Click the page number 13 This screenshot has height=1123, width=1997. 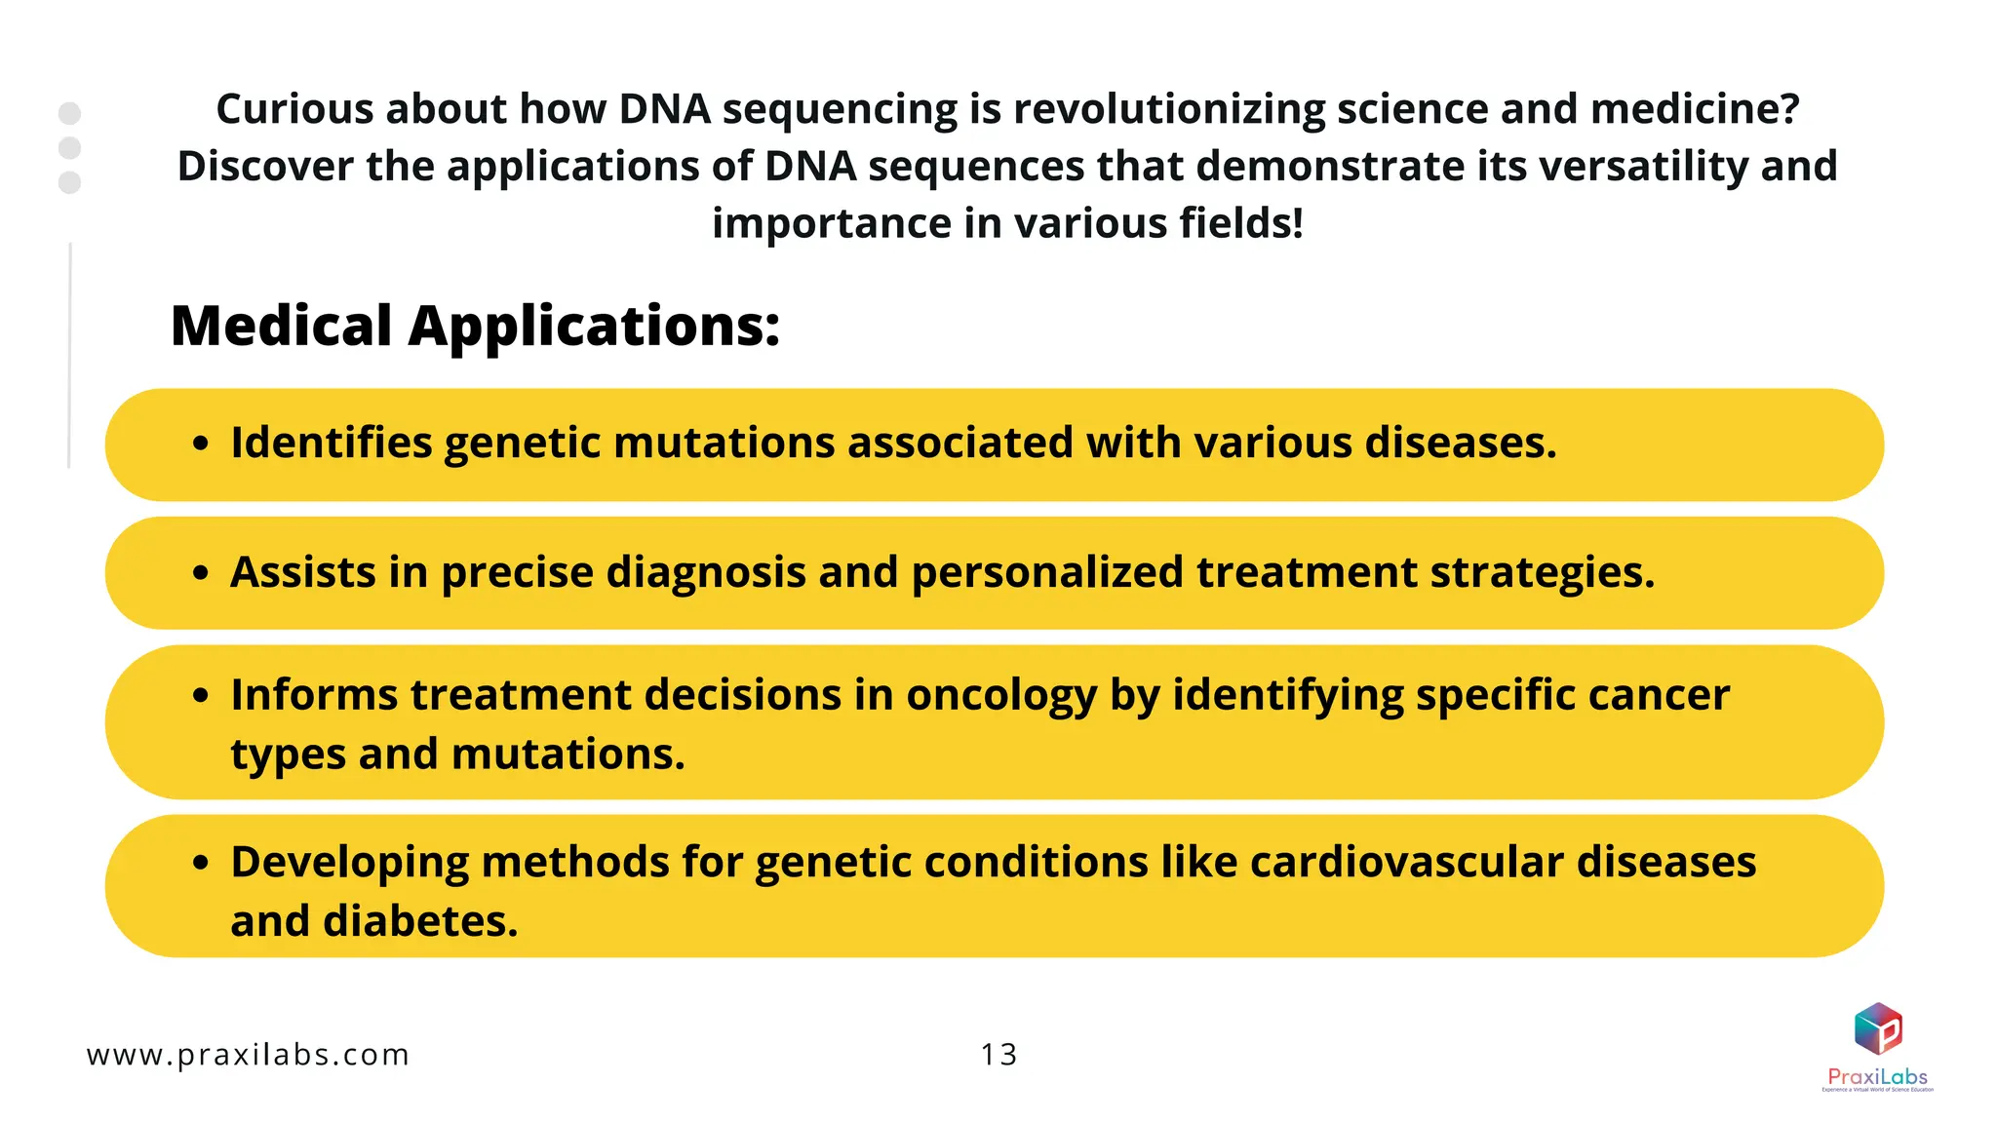pyautogui.click(x=998, y=1055)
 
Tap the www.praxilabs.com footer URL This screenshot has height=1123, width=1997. pyautogui.click(x=248, y=1055)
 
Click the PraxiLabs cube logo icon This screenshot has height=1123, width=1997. pyautogui.click(x=1878, y=1029)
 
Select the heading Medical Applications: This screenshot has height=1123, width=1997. pyautogui.click(x=475, y=326)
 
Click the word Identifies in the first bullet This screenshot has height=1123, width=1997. pyautogui.click(x=331, y=443)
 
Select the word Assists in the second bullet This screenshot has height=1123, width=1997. pyautogui.click(x=302, y=572)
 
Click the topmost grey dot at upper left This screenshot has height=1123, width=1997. pyautogui.click(x=69, y=113)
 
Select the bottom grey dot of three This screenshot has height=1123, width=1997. pyautogui.click(x=69, y=182)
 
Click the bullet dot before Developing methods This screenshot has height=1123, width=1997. pyautogui.click(x=201, y=863)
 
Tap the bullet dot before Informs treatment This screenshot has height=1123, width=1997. pyautogui.click(x=201, y=696)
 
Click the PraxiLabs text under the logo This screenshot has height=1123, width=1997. pyautogui.click(x=1877, y=1076)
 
